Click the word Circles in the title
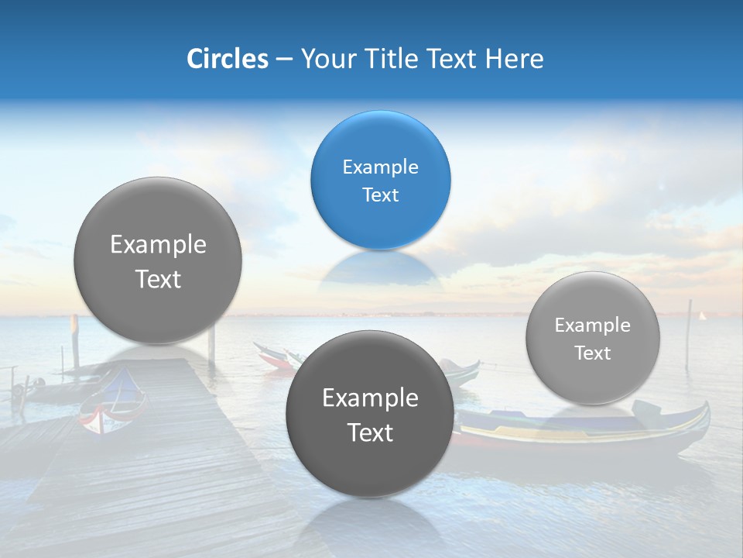tap(227, 59)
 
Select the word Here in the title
tap(515, 59)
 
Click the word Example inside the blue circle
tap(380, 167)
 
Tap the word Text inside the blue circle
tap(380, 195)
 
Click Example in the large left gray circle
tap(158, 245)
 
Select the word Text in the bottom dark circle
tap(370, 432)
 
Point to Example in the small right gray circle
tap(592, 325)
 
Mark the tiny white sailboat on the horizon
tap(702, 315)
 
